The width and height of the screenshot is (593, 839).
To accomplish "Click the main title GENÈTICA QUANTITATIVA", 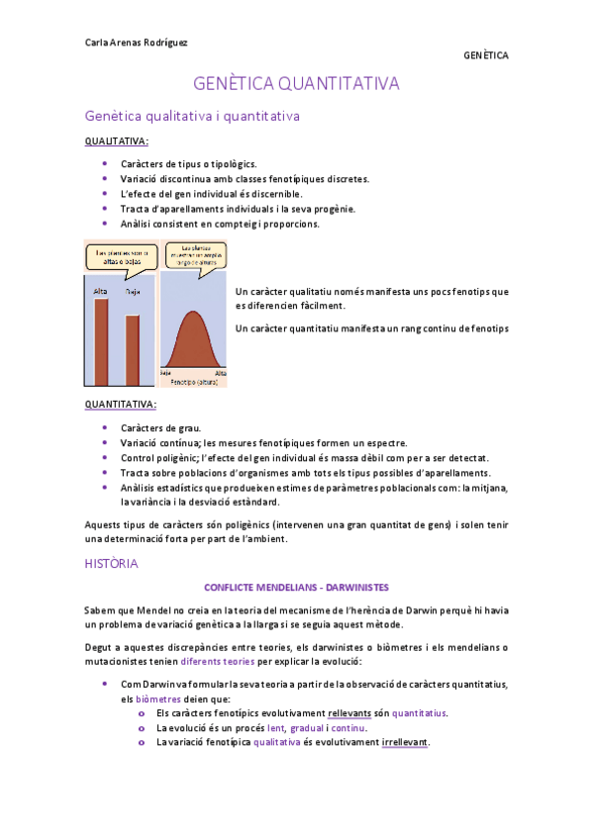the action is coord(296,84).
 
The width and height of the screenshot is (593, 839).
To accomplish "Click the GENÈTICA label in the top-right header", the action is coord(485,55).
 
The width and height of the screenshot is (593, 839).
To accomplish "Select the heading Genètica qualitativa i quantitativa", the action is coord(192,117).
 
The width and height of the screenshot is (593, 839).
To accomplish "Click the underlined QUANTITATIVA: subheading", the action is coord(121,405).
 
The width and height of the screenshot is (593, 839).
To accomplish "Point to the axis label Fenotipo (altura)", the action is coord(194,381).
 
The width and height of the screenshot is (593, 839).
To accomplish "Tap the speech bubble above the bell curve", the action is coord(194,256).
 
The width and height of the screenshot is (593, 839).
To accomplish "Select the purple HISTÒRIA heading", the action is coord(112,563).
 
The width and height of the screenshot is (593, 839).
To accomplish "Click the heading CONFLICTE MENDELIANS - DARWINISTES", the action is coord(296,587).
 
